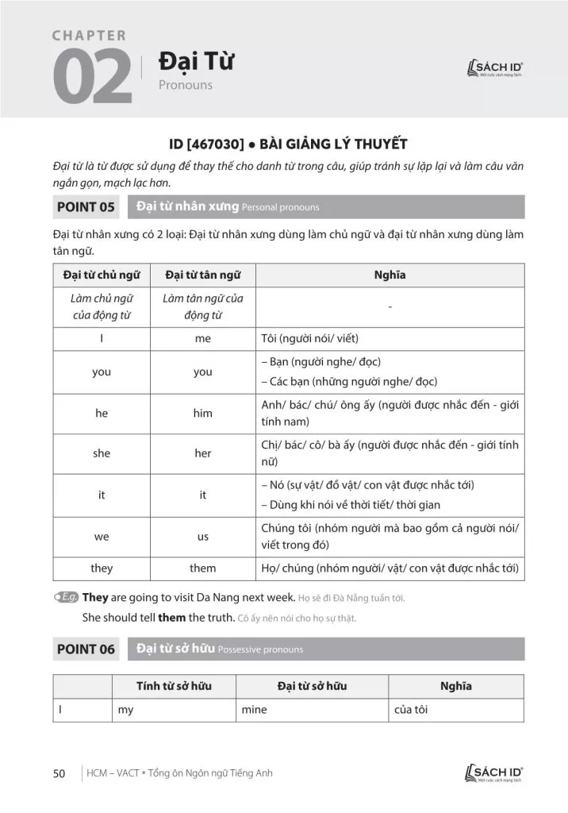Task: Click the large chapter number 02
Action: coord(91,78)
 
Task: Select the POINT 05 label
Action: coord(86,208)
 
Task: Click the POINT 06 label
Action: coord(86,649)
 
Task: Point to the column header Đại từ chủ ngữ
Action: coord(102,275)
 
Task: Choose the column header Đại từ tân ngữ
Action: coord(202,275)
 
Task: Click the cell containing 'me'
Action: coord(202,339)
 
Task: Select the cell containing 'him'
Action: coord(202,413)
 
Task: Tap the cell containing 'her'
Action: coord(202,453)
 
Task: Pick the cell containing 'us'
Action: coord(202,537)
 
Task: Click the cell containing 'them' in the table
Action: coord(202,568)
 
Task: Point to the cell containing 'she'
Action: coord(102,453)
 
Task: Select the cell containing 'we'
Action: coord(102,537)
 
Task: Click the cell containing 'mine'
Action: coord(254,710)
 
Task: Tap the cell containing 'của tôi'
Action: coord(411,710)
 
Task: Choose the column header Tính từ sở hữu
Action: coord(174,686)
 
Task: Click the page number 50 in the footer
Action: coord(59,773)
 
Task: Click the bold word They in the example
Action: coord(95,597)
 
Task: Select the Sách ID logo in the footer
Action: coord(496,773)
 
